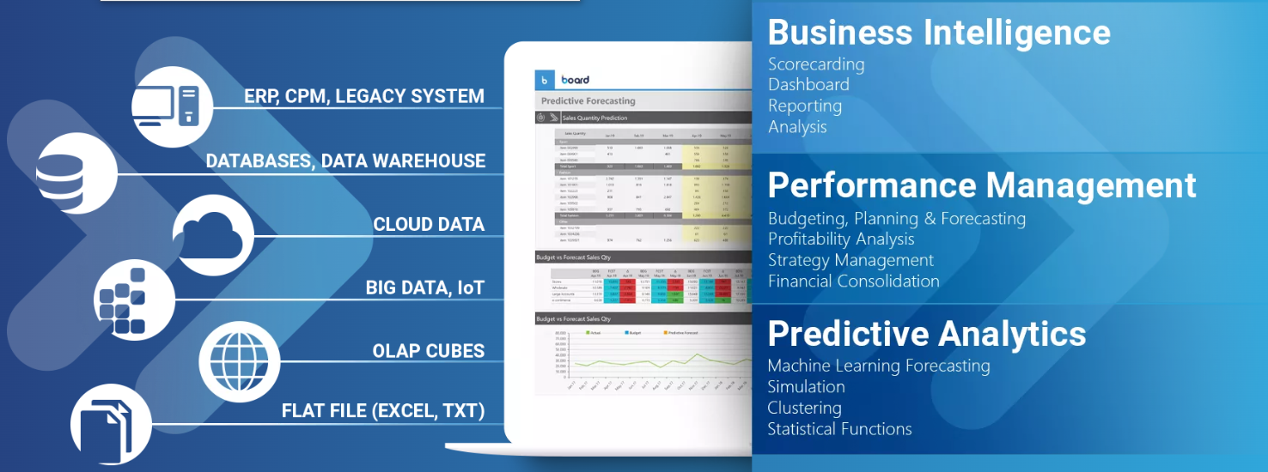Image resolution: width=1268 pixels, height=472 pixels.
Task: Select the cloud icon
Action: [213, 230]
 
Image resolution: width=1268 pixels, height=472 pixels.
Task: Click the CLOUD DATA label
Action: [429, 225]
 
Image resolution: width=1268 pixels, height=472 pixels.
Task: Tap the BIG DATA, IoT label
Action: [425, 287]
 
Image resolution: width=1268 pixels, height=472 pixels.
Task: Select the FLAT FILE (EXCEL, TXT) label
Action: [383, 411]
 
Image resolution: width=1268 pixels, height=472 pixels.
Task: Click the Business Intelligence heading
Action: [938, 33]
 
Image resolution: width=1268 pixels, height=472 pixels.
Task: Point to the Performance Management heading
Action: [981, 185]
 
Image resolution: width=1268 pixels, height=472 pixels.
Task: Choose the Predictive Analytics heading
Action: [926, 333]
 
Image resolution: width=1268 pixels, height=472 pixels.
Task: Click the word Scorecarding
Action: [816, 64]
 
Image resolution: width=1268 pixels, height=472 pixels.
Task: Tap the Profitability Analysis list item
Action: [841, 239]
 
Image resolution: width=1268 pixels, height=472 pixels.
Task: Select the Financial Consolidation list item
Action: [853, 281]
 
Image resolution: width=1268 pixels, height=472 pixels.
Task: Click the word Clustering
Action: [804, 408]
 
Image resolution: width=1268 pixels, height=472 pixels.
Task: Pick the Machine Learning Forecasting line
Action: [878, 366]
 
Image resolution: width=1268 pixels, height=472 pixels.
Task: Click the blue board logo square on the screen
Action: [545, 80]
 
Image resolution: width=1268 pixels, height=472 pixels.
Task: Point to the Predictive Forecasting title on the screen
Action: [588, 100]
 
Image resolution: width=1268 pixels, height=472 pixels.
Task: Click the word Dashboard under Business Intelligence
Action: [808, 85]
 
